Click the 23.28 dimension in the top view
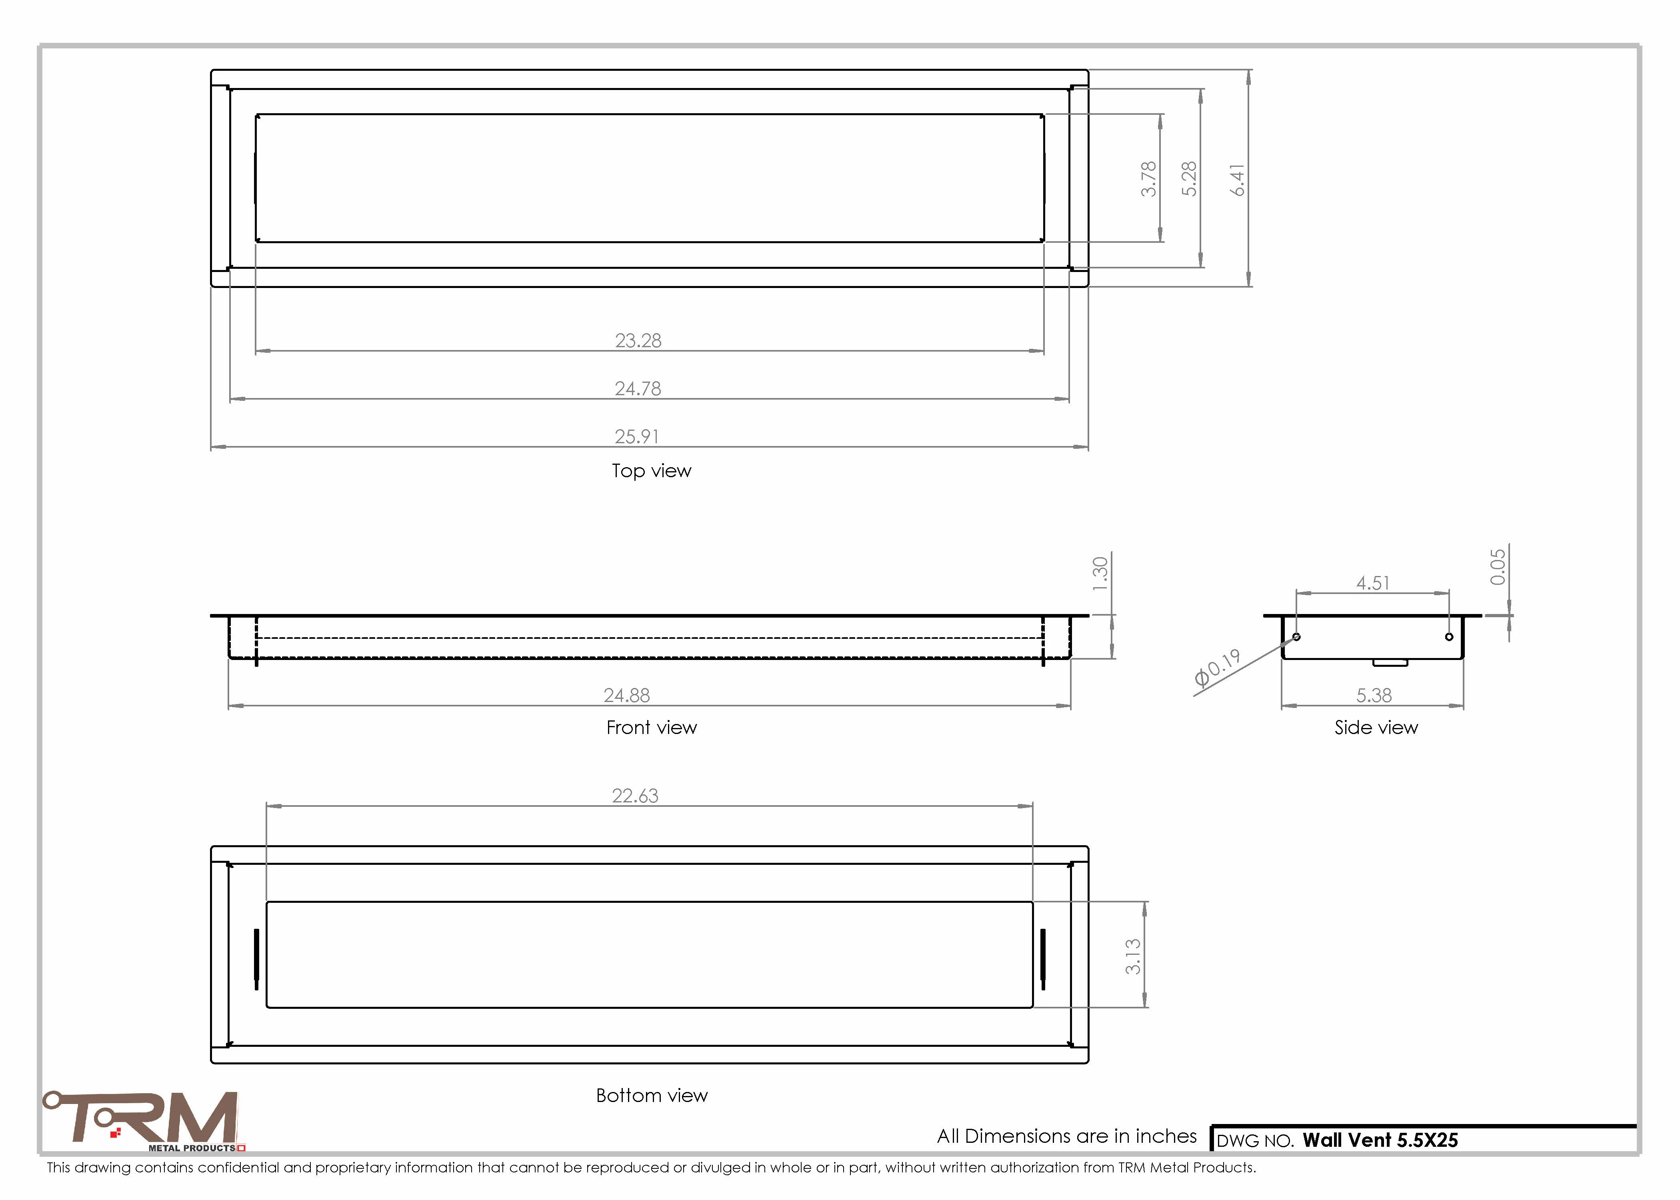point(638,341)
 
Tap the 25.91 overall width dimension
point(637,437)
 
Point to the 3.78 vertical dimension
point(1148,179)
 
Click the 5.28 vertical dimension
point(1189,179)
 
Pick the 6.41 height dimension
point(1238,180)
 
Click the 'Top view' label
point(652,471)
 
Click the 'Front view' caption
point(652,728)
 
